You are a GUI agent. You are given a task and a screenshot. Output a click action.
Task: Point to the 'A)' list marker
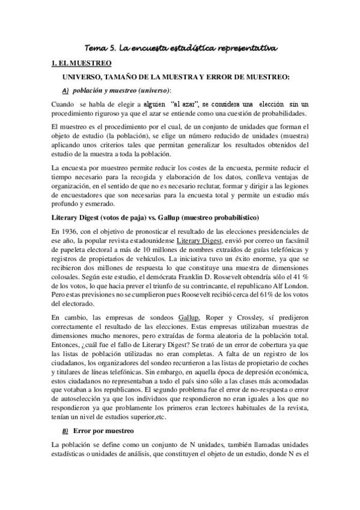pos(66,90)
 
